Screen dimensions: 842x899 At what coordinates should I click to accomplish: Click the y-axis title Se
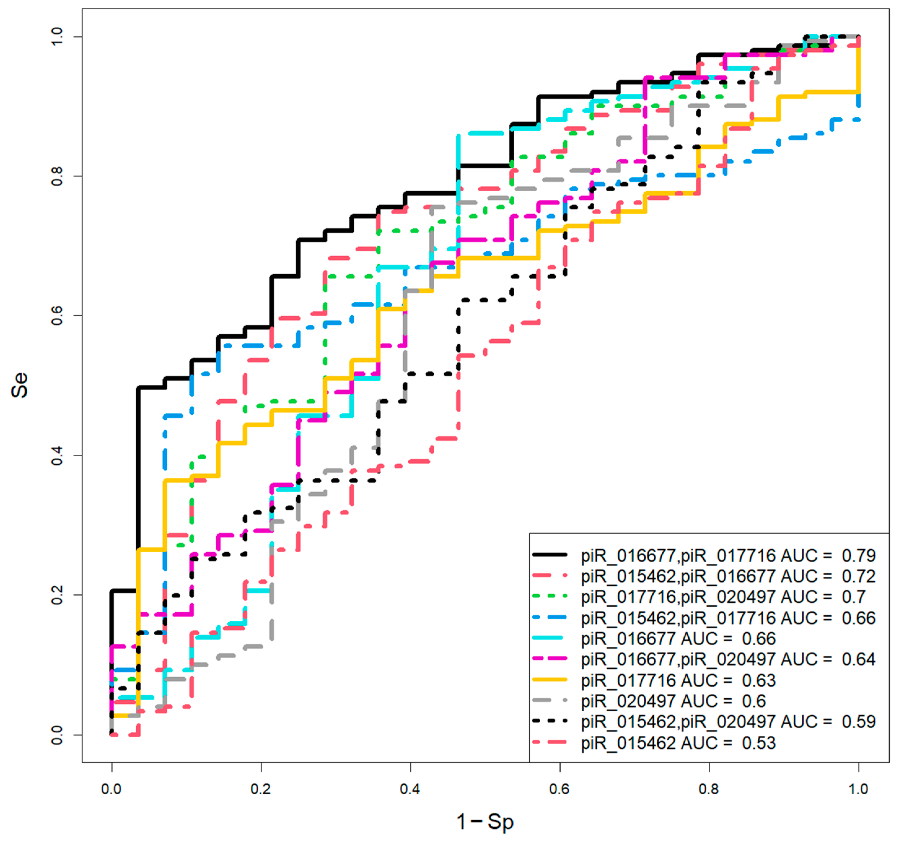point(20,385)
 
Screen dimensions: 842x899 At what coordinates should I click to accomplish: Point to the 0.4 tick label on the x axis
point(410,789)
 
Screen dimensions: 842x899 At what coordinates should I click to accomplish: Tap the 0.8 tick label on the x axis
point(708,789)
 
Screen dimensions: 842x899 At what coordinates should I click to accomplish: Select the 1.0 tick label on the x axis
point(858,789)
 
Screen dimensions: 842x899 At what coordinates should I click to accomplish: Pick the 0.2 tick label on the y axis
point(57,594)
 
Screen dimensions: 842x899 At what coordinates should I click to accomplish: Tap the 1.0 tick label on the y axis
point(57,36)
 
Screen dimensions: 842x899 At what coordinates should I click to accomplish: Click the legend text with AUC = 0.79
point(728,555)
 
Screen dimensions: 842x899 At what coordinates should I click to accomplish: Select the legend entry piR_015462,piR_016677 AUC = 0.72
point(728,576)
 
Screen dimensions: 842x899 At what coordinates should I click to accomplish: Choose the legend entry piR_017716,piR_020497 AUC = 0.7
point(723,597)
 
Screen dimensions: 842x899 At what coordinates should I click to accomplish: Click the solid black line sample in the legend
point(550,554)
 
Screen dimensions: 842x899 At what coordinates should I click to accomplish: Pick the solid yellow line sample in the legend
point(550,679)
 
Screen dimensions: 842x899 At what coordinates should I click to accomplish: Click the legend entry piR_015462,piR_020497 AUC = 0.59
point(728,722)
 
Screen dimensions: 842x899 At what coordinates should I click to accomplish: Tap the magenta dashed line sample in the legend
point(550,658)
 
